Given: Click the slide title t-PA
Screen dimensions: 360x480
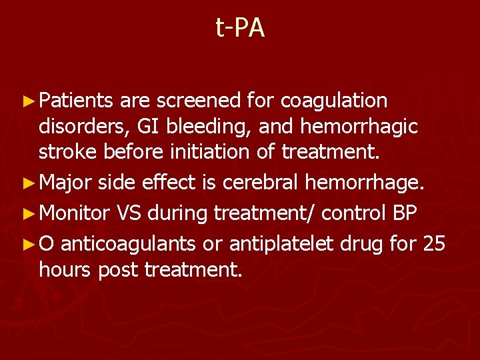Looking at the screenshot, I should [x=240, y=28].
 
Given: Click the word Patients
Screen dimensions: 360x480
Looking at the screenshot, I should [x=77, y=101].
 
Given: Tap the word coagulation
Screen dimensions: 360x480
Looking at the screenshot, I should [x=335, y=101].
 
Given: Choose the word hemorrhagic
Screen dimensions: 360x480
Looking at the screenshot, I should [x=361, y=126].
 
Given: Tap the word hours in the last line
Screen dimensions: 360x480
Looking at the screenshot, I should [x=66, y=269].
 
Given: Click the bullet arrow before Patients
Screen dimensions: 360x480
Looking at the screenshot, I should [x=28, y=101].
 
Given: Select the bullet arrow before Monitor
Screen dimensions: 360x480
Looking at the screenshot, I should [x=28, y=214].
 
